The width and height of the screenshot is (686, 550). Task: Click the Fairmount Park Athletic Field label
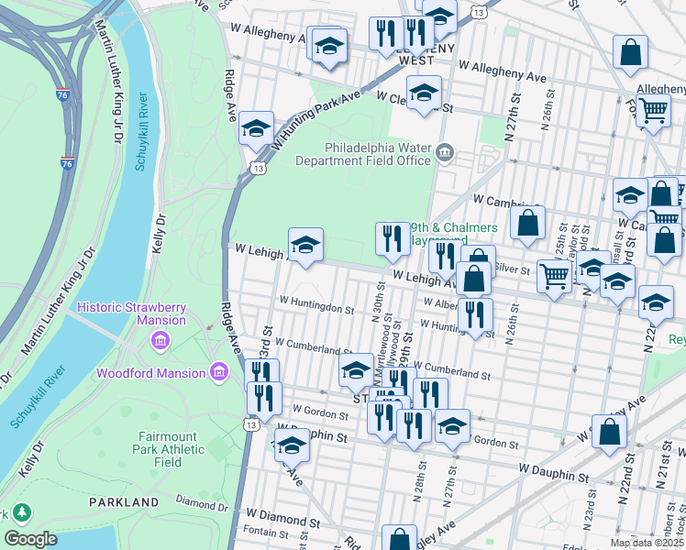pos(172,449)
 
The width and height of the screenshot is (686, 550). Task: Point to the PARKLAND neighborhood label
pos(124,502)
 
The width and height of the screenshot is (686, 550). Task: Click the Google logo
pos(30,539)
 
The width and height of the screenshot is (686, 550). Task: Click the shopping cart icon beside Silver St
pos(554,274)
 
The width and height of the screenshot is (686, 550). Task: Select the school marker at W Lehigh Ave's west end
pos(306,244)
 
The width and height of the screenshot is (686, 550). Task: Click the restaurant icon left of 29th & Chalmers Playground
pos(393,238)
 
